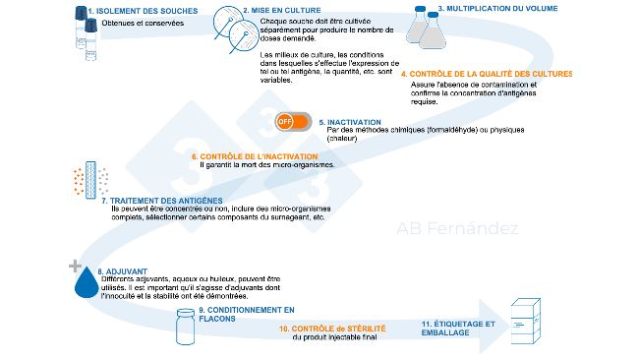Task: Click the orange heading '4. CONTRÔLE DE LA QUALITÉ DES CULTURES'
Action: [486, 74]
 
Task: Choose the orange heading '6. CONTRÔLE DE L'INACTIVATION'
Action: [254, 156]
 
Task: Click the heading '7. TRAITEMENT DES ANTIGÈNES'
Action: [156, 201]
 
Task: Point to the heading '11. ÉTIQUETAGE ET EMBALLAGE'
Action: [458, 328]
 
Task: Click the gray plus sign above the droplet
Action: [73, 266]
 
